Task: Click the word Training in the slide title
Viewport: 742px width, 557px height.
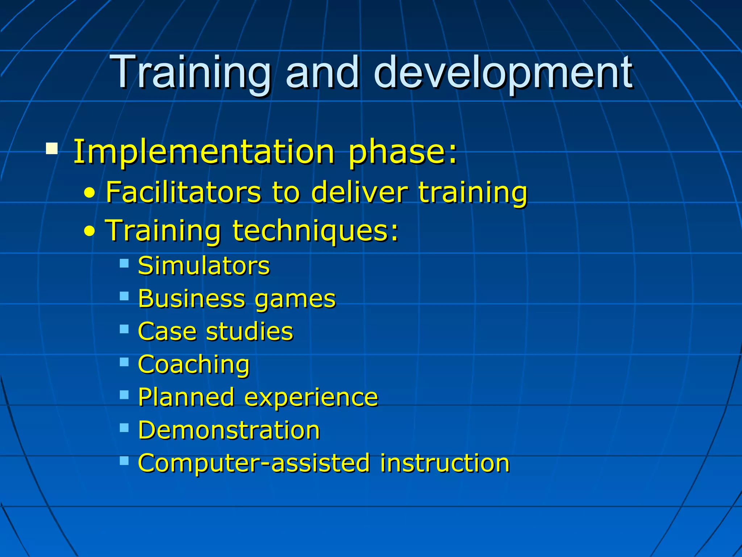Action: click(191, 73)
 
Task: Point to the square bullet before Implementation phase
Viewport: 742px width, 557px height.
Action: click(52, 148)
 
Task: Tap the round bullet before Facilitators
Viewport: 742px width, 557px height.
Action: click(89, 193)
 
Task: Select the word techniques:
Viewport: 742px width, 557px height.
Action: click(315, 230)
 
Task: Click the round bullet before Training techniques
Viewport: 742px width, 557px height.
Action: click(89, 231)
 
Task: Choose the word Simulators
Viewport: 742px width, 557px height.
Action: click(204, 266)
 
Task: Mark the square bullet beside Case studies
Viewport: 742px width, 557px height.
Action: click(124, 329)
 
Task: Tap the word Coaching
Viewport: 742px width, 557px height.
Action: click(194, 364)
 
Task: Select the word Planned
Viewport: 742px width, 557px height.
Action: click(186, 397)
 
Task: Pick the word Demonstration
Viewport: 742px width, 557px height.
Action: click(229, 430)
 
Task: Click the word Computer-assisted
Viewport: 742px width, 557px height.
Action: click(254, 463)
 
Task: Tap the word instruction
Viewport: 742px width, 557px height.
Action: click(445, 463)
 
